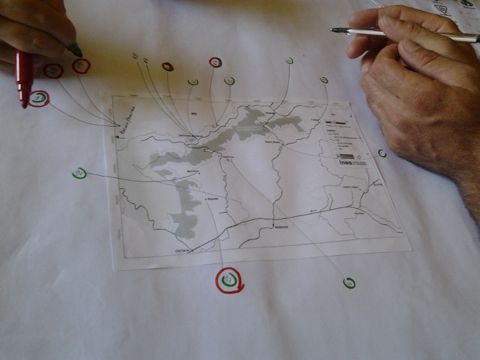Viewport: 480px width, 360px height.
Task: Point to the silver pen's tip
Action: pyautogui.click(x=332, y=29)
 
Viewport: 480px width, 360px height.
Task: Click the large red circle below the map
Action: pyautogui.click(x=229, y=280)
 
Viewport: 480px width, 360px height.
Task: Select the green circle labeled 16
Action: pyautogui.click(x=79, y=173)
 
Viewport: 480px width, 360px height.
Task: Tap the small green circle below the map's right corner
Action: pyautogui.click(x=349, y=283)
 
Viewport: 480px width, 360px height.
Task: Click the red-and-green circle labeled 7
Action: pyautogui.click(x=39, y=98)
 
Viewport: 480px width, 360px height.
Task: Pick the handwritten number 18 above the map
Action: pyautogui.click(x=135, y=56)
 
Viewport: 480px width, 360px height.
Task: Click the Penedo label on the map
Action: pyautogui.click(x=211, y=198)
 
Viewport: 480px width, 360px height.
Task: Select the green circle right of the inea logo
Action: pyautogui.click(x=382, y=154)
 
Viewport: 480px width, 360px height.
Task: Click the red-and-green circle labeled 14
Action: pyautogui.click(x=215, y=62)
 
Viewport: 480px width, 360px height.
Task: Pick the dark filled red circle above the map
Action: pyautogui.click(x=167, y=67)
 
